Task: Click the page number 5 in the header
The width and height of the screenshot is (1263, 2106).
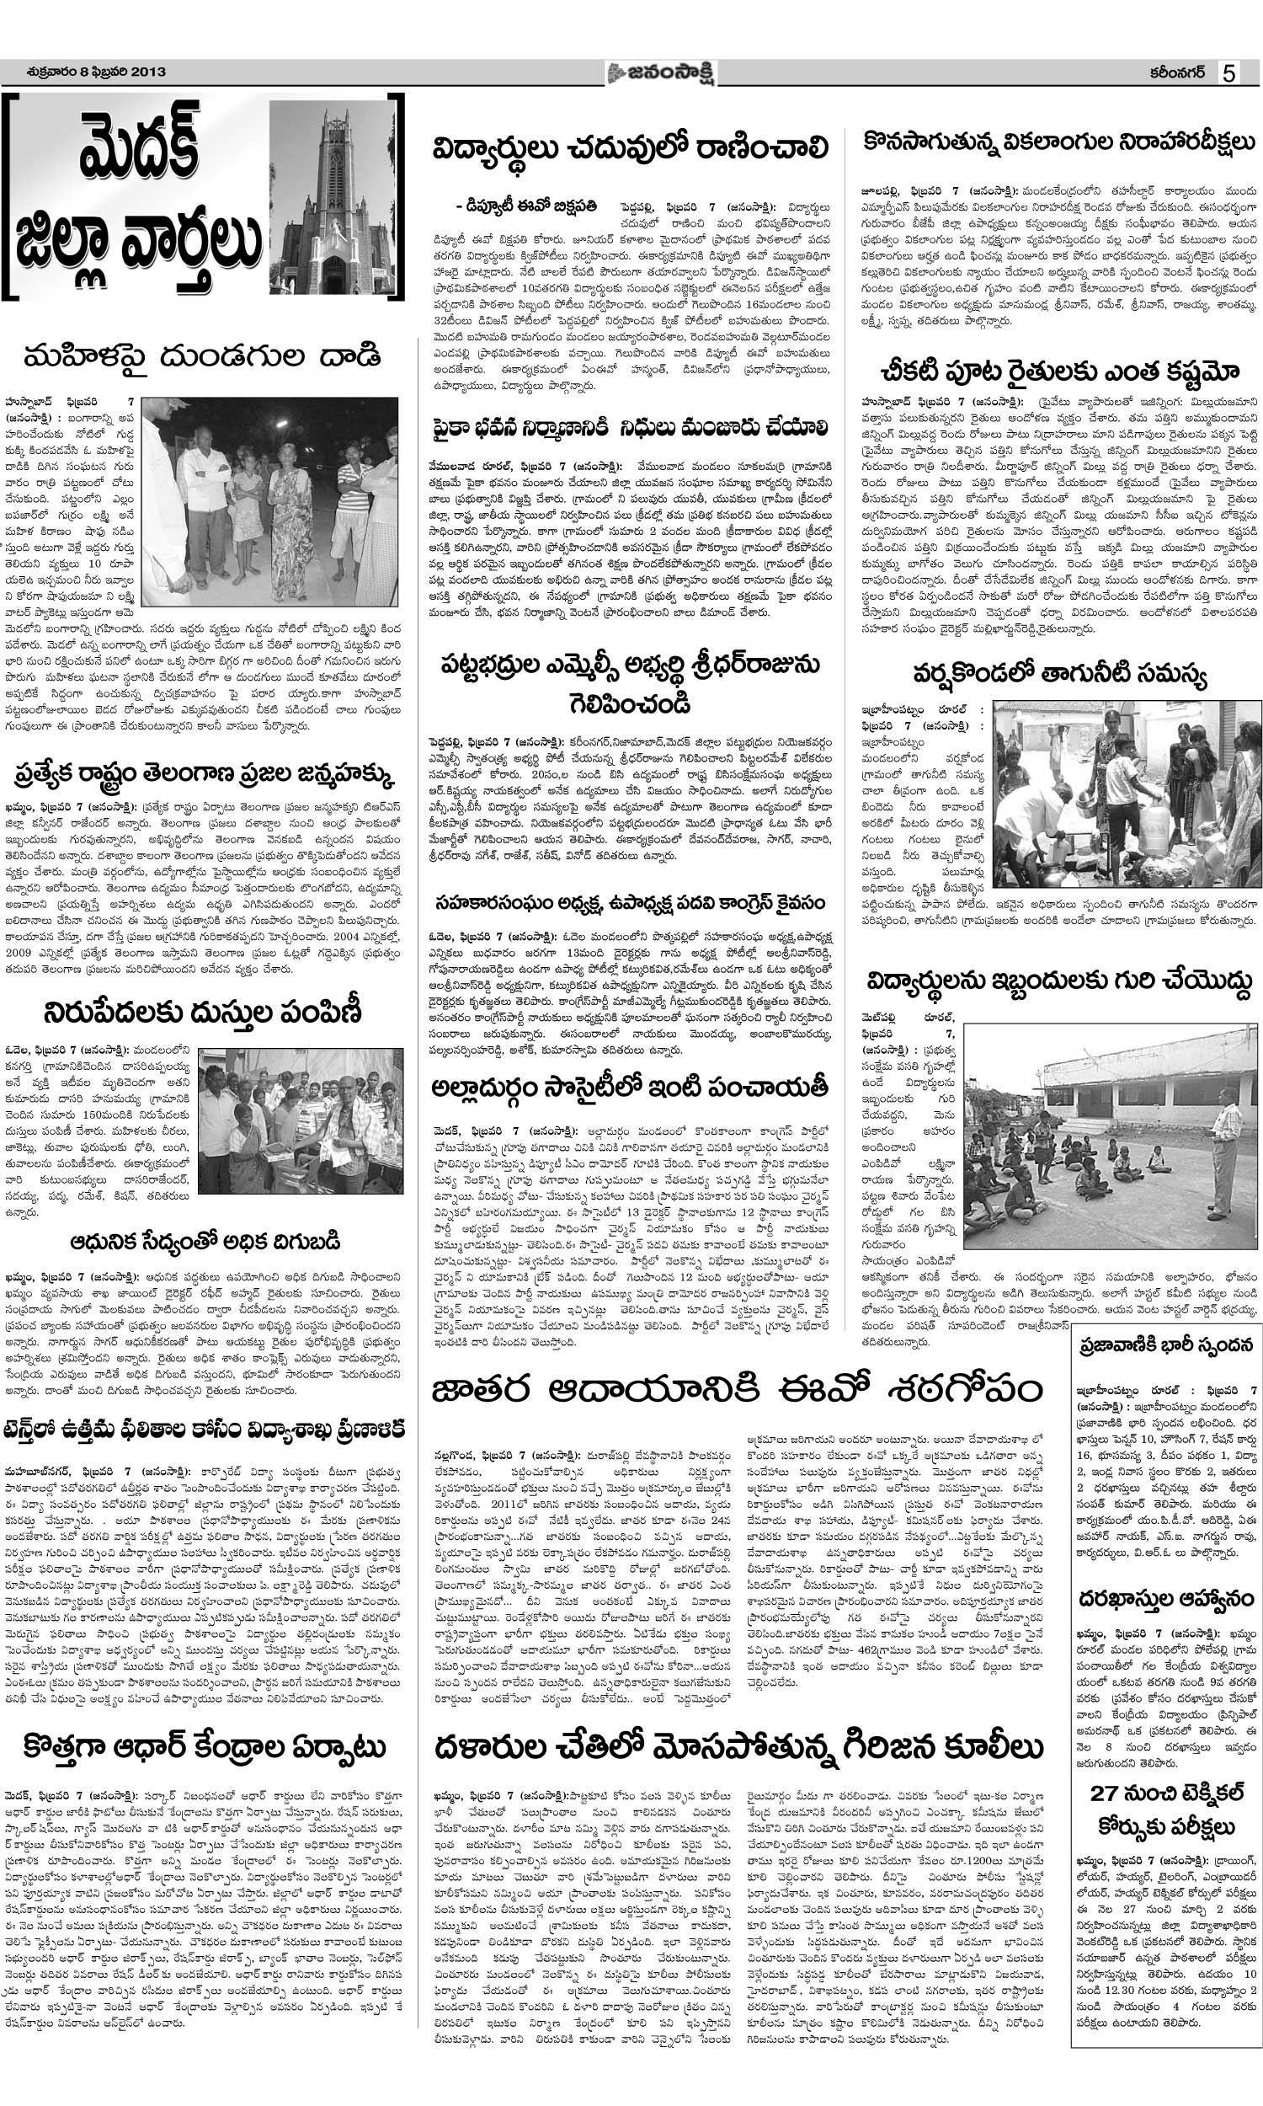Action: (x=1228, y=73)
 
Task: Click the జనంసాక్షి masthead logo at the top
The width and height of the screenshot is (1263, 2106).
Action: (x=662, y=73)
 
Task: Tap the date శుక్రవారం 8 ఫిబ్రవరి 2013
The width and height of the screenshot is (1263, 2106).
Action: (x=84, y=72)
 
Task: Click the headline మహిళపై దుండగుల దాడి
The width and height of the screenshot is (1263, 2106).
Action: (x=202, y=355)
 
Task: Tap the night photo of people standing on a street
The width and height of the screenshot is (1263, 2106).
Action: (x=269, y=502)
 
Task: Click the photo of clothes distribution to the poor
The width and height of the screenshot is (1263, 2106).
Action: (x=301, y=1120)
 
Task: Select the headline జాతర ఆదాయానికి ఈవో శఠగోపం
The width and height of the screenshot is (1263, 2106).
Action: (x=738, y=1392)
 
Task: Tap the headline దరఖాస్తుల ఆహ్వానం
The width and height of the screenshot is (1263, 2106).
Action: (x=1167, y=1597)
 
